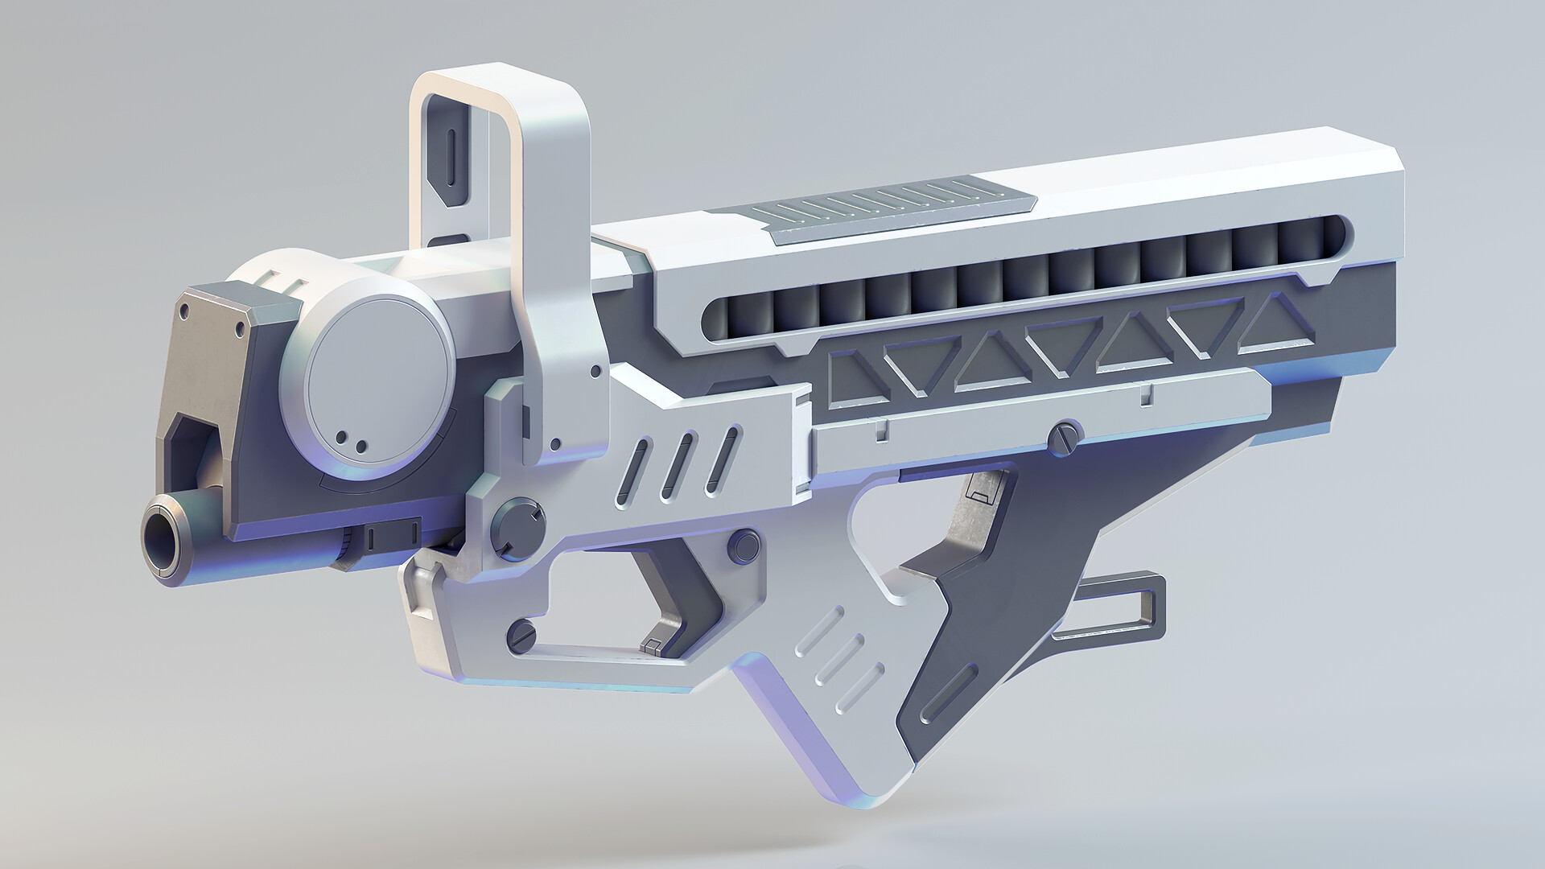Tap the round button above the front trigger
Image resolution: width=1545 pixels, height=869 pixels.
pos(743,546)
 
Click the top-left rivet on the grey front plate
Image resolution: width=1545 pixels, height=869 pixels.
pos(184,308)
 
